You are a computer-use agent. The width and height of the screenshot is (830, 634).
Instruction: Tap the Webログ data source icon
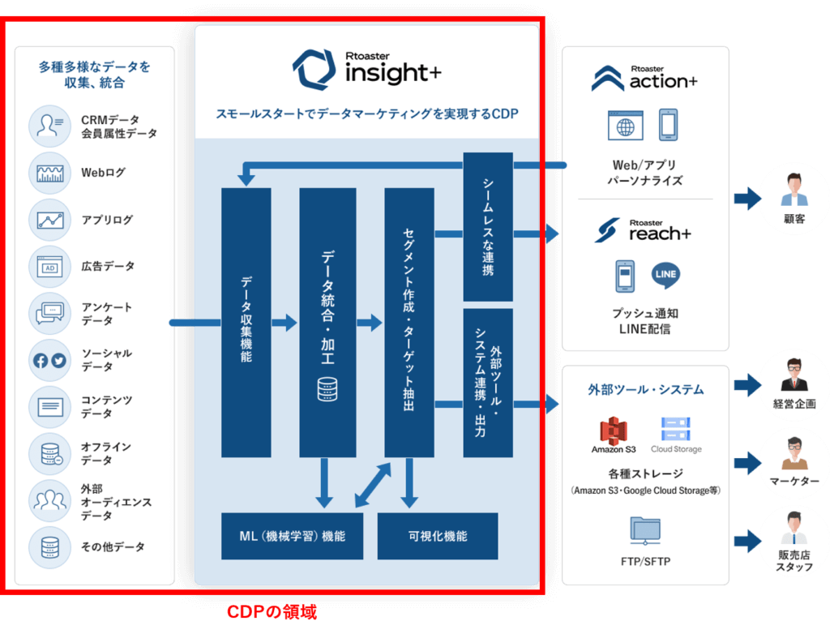50,173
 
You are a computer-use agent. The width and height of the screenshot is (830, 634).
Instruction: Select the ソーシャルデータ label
105,360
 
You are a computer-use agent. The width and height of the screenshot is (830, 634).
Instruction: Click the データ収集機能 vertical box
246,322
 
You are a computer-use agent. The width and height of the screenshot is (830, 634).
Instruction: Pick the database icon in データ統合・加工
327,389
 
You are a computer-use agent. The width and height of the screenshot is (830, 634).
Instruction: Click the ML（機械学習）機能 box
292,536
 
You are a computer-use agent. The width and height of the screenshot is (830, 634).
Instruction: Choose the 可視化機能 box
438,536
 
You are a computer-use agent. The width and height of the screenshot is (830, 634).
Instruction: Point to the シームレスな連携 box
488,226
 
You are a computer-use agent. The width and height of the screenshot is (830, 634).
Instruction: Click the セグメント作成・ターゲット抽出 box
409,322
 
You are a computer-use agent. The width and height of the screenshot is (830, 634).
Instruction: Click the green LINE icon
665,274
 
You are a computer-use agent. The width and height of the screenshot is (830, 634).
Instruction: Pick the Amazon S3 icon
614,430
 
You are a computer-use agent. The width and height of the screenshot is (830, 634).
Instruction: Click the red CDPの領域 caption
271,612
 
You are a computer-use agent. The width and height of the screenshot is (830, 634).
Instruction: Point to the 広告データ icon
50,266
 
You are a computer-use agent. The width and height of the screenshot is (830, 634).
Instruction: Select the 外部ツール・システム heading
645,390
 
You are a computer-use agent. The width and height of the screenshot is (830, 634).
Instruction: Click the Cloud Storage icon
675,430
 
